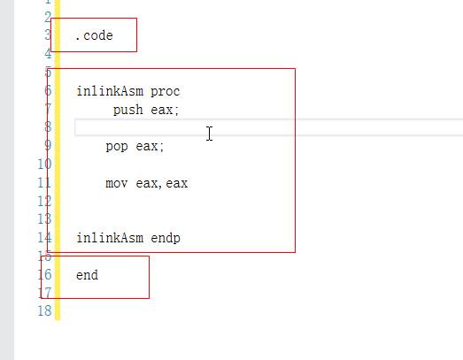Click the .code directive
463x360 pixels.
click(94, 35)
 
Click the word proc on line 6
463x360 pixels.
click(165, 91)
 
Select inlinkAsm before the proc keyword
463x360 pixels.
click(110, 91)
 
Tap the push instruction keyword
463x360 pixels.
click(127, 110)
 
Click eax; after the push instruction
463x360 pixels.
click(165, 110)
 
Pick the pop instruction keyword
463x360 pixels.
click(117, 146)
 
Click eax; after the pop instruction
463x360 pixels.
click(150, 146)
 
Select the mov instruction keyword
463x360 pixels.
click(117, 183)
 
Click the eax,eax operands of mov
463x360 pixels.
click(161, 183)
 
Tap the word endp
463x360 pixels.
click(166, 238)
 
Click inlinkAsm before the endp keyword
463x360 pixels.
click(110, 238)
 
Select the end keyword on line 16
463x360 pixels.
click(87, 275)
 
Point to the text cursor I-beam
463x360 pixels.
click(209, 134)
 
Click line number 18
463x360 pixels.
click(44, 311)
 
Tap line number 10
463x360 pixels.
click(44, 164)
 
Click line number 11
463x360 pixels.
click(44, 183)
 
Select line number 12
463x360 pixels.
click(44, 202)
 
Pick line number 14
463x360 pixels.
click(44, 238)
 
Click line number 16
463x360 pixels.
click(44, 274)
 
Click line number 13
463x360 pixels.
click(44, 219)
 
